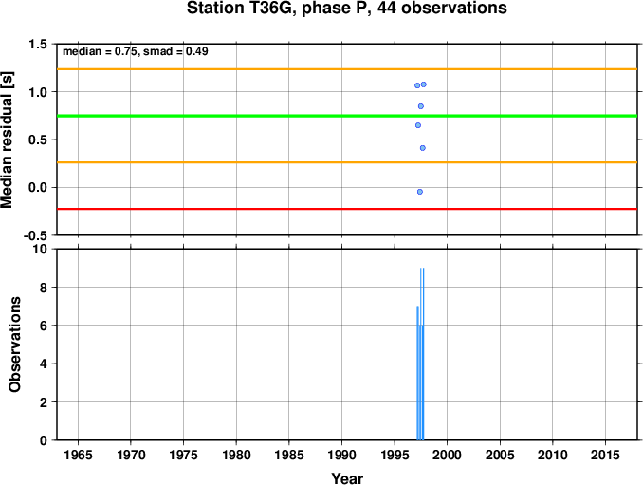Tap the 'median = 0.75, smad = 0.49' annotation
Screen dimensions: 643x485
[136, 51]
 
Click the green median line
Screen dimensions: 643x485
[347, 116]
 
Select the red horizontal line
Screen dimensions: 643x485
[347, 209]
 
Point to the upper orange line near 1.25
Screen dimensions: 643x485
[347, 69]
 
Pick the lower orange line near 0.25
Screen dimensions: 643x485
[347, 162]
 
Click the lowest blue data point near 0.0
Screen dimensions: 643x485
[420, 192]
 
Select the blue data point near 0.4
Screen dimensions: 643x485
[423, 148]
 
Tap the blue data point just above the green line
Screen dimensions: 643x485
[421, 106]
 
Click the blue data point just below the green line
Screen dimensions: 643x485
[418, 125]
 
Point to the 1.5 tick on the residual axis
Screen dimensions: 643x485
[37, 44]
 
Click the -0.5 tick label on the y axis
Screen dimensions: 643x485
[35, 235]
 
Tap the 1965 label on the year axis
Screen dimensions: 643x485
[78, 455]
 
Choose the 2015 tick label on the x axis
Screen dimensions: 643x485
[605, 455]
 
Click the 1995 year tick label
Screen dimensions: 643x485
[395, 455]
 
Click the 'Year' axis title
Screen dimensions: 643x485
[347, 478]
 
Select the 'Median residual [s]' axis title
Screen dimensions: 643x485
[7, 140]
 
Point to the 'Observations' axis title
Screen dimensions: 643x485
[15, 345]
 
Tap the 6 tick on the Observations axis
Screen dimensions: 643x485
[43, 326]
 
